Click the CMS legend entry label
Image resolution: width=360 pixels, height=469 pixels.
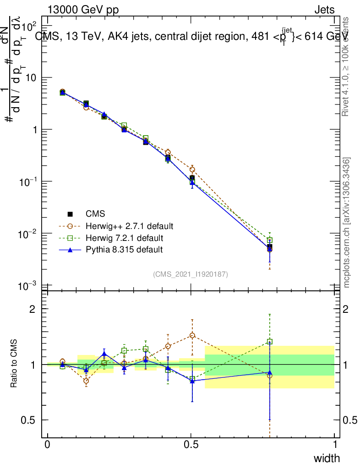[x=95, y=214]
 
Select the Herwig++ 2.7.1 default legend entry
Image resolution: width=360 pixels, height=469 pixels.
[x=129, y=226]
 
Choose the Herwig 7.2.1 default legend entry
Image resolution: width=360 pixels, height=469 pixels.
[x=124, y=238]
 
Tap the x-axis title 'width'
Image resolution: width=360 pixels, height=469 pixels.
[x=327, y=458]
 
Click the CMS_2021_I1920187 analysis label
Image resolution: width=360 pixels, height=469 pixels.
[x=191, y=274]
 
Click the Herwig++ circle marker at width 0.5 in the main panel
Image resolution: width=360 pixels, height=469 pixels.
[x=192, y=169]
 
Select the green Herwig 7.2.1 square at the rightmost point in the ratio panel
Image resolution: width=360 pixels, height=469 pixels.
[x=270, y=342]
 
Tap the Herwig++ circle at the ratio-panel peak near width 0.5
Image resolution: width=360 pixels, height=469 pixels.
[x=192, y=336]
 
